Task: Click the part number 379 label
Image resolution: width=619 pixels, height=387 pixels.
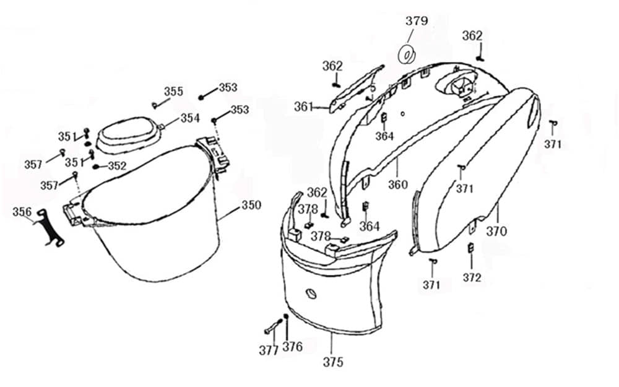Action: coord(417,21)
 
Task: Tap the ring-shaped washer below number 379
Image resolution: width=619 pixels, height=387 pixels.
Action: coord(407,54)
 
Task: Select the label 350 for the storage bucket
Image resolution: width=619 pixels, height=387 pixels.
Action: coord(251,205)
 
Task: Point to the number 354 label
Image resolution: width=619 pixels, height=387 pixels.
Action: coord(190,118)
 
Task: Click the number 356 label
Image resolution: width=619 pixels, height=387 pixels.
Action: coord(22,212)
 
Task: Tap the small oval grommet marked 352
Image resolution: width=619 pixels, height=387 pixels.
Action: coord(97,166)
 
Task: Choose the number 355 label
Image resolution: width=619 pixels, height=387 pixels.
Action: coord(173,92)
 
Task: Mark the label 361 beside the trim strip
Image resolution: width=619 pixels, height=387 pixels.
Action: coord(303,107)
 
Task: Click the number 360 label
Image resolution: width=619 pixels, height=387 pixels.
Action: coord(398,184)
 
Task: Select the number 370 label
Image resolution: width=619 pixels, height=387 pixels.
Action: coord(496,232)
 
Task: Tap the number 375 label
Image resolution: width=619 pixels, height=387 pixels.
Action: coord(333,362)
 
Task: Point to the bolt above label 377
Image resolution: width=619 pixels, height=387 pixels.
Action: coord(271,326)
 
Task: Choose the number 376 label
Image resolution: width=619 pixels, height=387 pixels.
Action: coord(292,347)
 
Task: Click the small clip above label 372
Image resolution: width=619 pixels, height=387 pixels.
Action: coord(470,248)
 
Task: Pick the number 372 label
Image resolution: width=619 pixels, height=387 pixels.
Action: coord(472,278)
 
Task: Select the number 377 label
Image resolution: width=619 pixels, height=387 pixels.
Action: coord(269,350)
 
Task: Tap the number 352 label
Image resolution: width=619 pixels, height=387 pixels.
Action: coord(117,166)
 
